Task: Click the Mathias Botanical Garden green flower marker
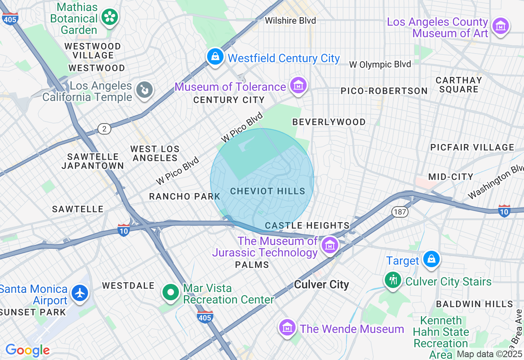point(109,17)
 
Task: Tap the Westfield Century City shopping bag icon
point(215,57)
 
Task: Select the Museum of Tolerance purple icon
point(298,85)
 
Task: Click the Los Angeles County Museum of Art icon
point(500,26)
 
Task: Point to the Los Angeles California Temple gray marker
point(144,90)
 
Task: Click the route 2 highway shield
point(104,129)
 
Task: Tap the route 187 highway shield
point(399,211)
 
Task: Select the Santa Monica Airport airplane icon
point(80,293)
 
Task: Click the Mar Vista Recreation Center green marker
point(171,292)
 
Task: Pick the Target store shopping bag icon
point(431,259)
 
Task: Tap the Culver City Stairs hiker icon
point(393,280)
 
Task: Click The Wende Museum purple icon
point(287,327)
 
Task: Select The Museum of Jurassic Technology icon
point(330,245)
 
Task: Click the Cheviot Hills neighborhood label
point(268,191)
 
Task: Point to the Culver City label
point(321,285)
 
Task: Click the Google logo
point(27,350)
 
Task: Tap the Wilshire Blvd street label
point(290,20)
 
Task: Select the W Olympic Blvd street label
point(380,65)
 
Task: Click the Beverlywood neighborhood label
point(329,122)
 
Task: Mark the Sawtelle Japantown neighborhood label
point(93,161)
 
